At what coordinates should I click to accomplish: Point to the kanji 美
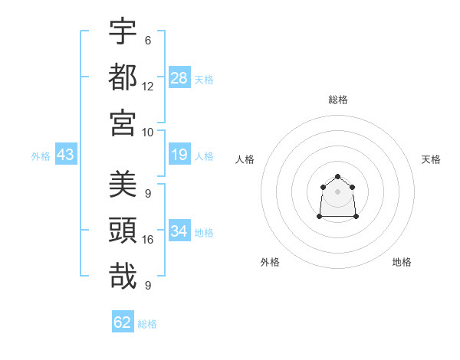coord(123,185)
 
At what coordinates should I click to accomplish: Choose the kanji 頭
coord(123,231)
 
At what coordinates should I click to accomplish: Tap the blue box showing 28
coord(179,77)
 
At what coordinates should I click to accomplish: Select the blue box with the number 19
coord(179,155)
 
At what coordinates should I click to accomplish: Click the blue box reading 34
coord(179,231)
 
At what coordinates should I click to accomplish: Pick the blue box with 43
coord(66,155)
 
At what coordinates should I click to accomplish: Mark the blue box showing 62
coord(123,322)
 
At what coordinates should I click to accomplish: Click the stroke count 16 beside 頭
coord(148,240)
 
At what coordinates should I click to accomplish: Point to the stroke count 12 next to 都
coord(148,86)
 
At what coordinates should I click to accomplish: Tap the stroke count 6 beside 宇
coord(148,40)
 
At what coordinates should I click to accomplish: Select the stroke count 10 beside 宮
coord(148,131)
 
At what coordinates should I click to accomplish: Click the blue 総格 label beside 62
coord(148,323)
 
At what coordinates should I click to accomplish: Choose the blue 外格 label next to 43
coord(41,156)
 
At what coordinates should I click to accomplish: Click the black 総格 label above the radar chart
coord(338,100)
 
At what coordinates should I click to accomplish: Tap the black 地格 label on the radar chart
coord(402,263)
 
